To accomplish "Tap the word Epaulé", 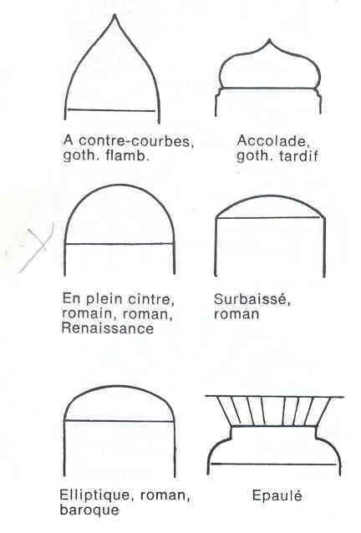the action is click(277, 495).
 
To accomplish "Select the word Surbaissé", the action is click(252, 300).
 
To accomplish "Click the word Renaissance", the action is click(108, 328).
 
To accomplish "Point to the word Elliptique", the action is click(93, 495).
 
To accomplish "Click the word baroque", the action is click(89, 510).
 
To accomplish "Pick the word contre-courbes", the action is click(136, 140).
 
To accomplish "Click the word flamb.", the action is click(128, 155).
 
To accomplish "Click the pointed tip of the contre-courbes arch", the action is click(114, 14).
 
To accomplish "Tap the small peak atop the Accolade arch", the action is click(270, 40).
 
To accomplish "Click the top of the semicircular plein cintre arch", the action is click(119, 185).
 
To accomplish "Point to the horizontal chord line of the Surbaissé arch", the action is click(269, 217).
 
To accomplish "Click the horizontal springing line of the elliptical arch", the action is click(119, 421).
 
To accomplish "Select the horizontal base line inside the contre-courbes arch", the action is click(112, 110).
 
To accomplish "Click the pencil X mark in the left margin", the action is click(37, 246).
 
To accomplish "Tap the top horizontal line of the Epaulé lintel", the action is click(275, 396).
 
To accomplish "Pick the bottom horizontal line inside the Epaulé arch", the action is click(273, 464).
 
